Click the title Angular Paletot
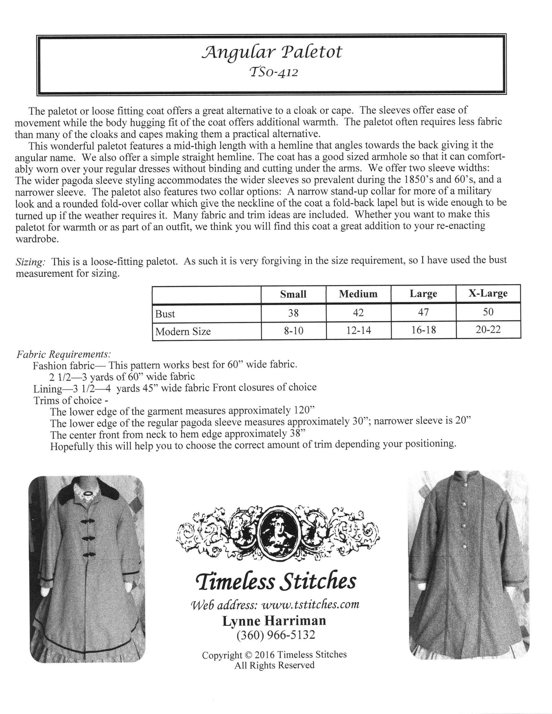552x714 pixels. tap(272, 53)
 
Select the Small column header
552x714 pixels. tap(293, 294)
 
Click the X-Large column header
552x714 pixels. tap(488, 293)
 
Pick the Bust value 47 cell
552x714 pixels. tap(423, 312)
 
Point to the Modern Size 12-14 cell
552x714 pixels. tap(358, 330)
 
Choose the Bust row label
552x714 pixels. tap(165, 314)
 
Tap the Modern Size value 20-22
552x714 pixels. tap(488, 330)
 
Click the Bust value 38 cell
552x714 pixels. tap(293, 313)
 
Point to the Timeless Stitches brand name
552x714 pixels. tap(276, 583)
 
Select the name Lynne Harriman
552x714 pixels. tap(274, 621)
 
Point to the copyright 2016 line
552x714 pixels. tap(274, 655)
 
